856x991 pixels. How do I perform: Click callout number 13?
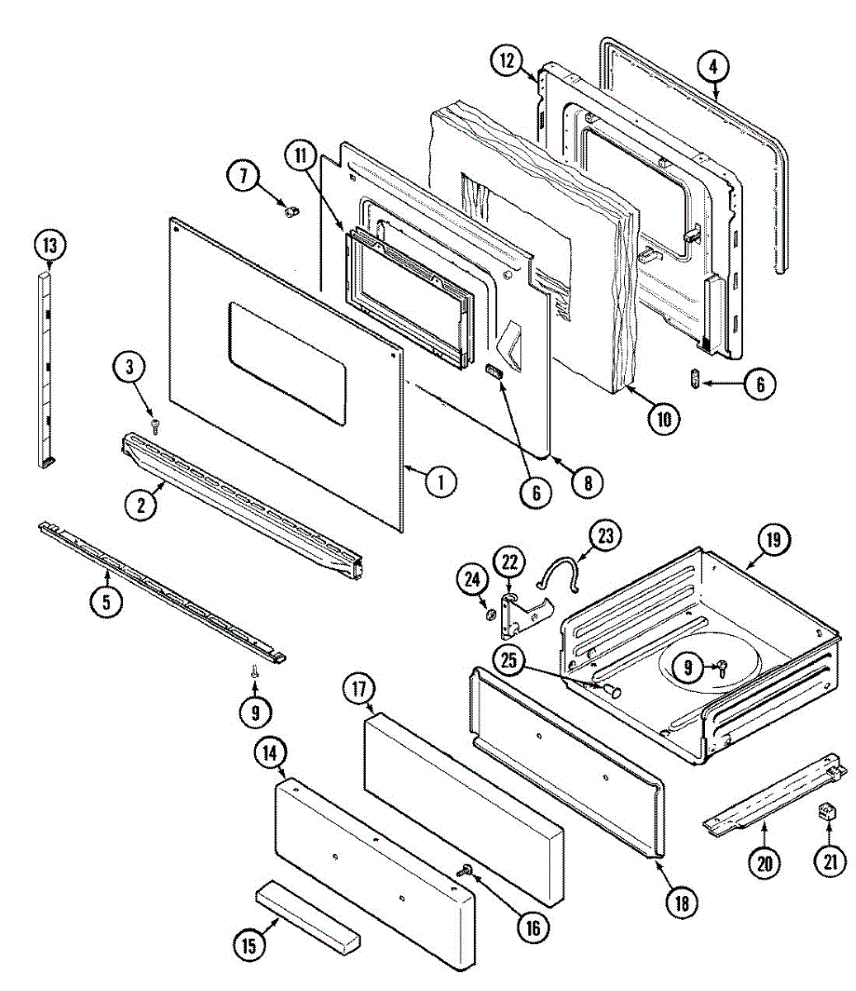[50, 245]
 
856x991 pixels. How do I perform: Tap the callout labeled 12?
[508, 60]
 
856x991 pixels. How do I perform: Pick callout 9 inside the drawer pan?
[688, 667]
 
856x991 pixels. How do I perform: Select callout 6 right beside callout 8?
[535, 493]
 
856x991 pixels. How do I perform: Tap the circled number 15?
[249, 945]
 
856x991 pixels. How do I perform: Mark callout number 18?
[681, 902]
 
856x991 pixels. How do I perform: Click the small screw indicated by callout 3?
[154, 425]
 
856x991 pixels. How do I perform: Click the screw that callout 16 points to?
[467, 870]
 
